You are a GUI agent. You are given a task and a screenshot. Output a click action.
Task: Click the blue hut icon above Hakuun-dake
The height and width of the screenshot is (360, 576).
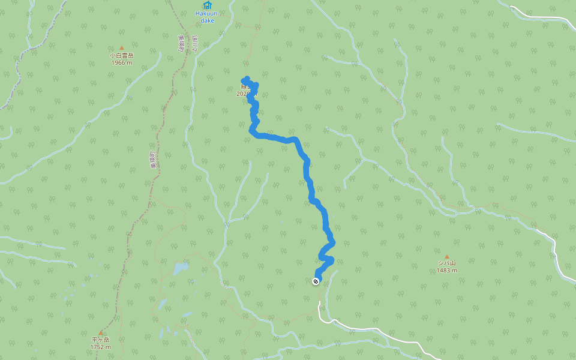(x=207, y=5)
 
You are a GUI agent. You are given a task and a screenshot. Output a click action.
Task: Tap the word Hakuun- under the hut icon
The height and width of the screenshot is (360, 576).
(x=207, y=14)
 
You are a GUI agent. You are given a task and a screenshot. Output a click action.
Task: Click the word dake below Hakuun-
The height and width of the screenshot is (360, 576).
(x=207, y=20)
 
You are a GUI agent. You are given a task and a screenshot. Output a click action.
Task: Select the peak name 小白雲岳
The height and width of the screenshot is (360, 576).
(x=121, y=55)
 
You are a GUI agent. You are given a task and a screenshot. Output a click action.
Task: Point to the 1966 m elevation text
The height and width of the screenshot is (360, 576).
(x=121, y=62)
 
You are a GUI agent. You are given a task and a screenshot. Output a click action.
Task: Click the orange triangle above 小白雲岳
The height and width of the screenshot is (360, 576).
(x=121, y=48)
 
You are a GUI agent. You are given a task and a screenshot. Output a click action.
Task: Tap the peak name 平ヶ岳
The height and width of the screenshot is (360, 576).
(x=100, y=340)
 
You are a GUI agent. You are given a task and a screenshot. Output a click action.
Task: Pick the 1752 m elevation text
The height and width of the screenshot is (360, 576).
(x=100, y=347)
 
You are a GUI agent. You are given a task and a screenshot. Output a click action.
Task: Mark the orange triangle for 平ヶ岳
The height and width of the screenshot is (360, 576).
(x=100, y=332)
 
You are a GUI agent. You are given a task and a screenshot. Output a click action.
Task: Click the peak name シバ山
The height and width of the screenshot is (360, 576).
(x=446, y=263)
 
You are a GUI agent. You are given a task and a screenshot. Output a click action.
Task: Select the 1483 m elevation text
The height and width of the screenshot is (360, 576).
(x=446, y=270)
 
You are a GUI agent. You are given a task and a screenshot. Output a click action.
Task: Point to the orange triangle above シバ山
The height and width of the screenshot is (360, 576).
(x=446, y=256)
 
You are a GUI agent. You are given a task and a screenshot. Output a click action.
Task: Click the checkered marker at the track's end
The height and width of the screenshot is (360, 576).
(x=316, y=281)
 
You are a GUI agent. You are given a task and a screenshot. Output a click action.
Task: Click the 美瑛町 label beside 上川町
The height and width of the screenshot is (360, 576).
(x=181, y=43)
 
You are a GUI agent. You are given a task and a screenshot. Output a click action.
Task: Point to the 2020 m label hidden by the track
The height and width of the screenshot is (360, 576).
(x=245, y=94)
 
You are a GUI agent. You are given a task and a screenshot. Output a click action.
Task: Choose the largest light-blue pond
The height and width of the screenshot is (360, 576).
(x=179, y=268)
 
